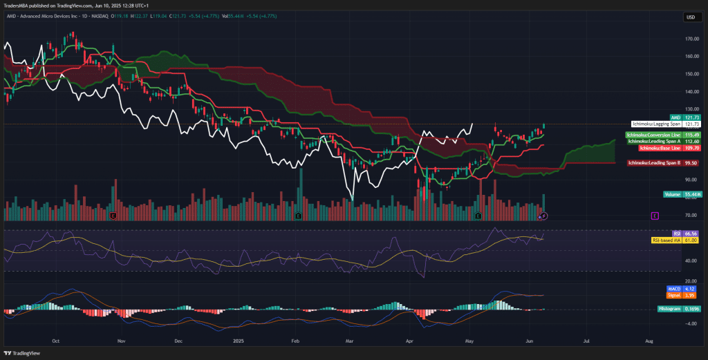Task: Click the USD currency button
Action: point(690,17)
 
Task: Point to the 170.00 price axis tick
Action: point(691,39)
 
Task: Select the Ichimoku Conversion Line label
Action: point(653,134)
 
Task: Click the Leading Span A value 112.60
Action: point(693,141)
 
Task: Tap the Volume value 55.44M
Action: point(693,195)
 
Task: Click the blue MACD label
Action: point(674,288)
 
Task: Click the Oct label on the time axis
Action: point(56,341)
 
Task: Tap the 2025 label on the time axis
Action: point(238,341)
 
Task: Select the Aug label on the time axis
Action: point(649,341)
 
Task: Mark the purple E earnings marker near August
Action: point(653,216)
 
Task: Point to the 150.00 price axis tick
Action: point(691,74)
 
